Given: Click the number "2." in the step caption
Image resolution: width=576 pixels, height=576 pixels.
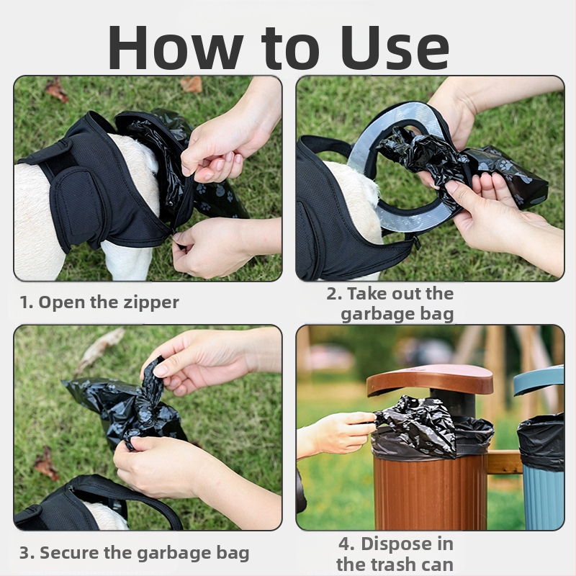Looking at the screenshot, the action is point(335,294).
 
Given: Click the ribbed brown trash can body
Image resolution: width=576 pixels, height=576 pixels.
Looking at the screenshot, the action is point(430,492).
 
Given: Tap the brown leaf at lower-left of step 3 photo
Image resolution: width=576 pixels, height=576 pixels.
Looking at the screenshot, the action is point(46,464).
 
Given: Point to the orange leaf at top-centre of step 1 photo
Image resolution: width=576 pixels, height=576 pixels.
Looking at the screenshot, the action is point(191,84).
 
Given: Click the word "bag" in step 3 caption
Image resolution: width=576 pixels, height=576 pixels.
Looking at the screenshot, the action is point(233,553).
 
